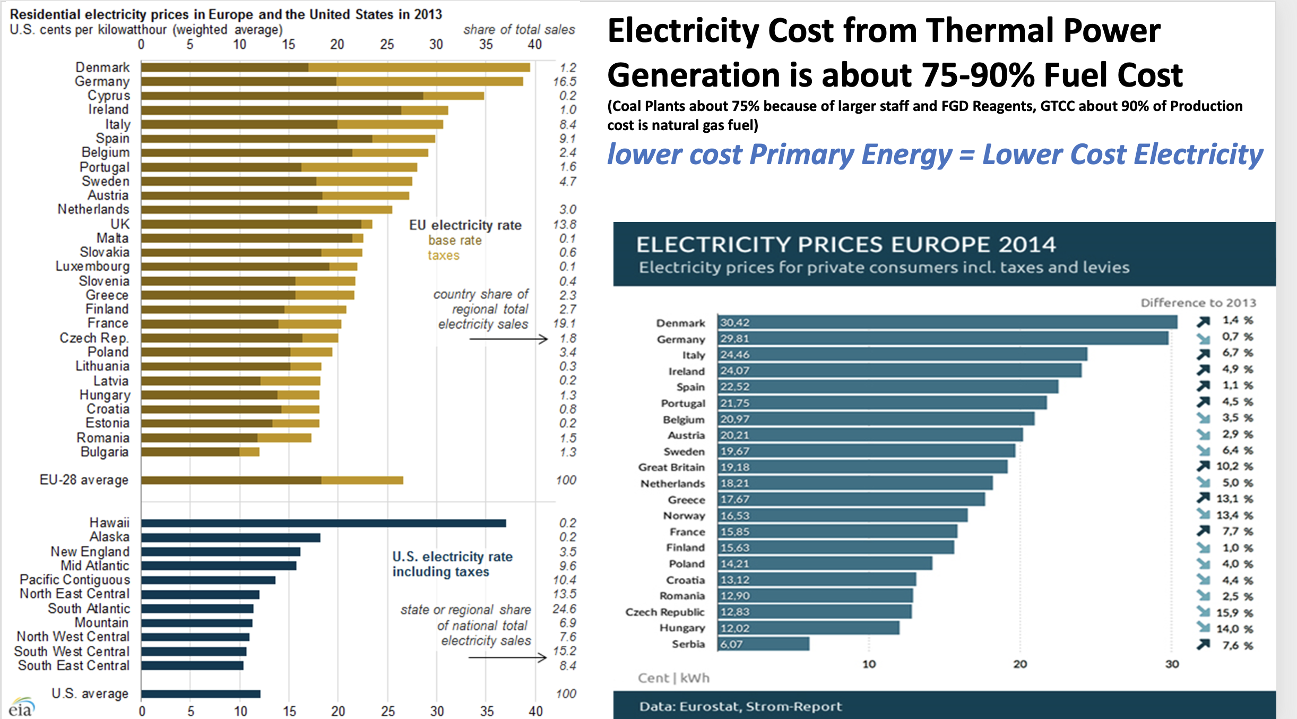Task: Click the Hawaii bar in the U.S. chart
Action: (x=323, y=523)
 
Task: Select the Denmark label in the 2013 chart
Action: (x=102, y=67)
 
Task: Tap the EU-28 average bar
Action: (x=272, y=480)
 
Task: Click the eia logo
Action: (x=21, y=708)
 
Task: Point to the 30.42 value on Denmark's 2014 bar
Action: (x=735, y=323)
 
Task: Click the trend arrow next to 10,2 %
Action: (x=1203, y=466)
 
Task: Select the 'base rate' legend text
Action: (x=455, y=241)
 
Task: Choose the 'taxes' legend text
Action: (x=444, y=255)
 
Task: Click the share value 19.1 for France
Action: (x=564, y=323)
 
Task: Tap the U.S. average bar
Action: (x=201, y=694)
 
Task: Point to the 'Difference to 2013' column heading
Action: (x=1198, y=303)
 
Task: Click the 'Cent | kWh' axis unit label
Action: (x=673, y=678)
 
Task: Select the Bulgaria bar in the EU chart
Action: (x=200, y=452)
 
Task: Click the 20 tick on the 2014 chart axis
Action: (x=1020, y=664)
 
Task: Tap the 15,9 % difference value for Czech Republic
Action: (x=1234, y=613)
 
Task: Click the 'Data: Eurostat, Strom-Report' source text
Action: (x=740, y=706)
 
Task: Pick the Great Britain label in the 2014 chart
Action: (x=671, y=467)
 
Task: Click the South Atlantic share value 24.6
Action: (x=564, y=609)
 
